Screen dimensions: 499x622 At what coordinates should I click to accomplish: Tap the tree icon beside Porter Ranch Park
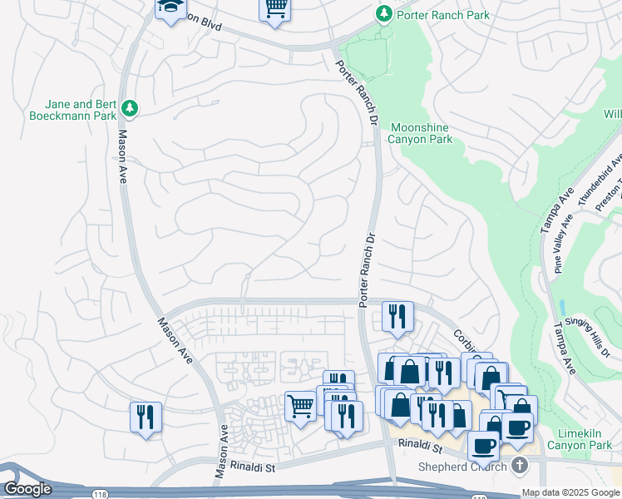[x=383, y=14]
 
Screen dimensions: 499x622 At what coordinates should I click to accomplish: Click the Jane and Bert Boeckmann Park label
[x=73, y=111]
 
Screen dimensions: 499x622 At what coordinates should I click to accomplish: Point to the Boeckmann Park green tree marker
[x=129, y=108]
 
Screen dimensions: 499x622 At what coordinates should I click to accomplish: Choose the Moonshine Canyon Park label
[x=421, y=133]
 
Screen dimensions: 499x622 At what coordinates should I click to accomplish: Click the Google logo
[x=27, y=489]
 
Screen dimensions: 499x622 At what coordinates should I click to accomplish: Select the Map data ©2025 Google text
[x=570, y=492]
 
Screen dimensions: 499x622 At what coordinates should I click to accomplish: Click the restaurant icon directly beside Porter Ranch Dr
[x=397, y=315]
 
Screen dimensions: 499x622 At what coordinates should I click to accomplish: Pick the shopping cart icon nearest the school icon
[x=275, y=8]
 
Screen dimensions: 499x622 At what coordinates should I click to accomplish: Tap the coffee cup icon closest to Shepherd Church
[x=483, y=445]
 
